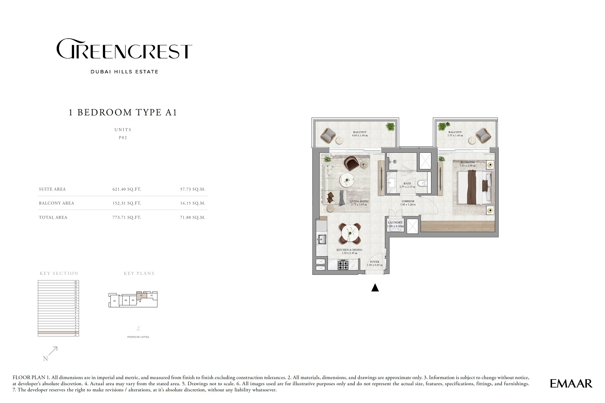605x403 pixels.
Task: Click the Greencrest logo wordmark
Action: pos(124,49)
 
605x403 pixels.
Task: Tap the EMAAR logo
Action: pos(571,383)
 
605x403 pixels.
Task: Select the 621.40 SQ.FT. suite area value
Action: pos(127,189)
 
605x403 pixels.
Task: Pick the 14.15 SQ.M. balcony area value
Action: pos(192,203)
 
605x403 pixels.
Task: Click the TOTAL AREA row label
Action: pos(53,217)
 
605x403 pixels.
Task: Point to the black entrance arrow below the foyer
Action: pos(375,288)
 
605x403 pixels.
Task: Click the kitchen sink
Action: pos(322,239)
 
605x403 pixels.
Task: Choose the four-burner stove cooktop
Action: pos(343,265)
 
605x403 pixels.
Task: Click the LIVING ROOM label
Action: pos(359,201)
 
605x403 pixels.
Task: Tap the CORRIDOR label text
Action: pos(408,201)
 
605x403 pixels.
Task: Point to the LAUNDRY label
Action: pos(395,223)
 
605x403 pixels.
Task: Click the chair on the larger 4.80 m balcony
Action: pos(328,134)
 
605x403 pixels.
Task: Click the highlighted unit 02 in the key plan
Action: pos(141,296)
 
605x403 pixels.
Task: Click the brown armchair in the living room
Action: pos(351,163)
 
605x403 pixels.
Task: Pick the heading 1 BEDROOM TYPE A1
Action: pos(123,112)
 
